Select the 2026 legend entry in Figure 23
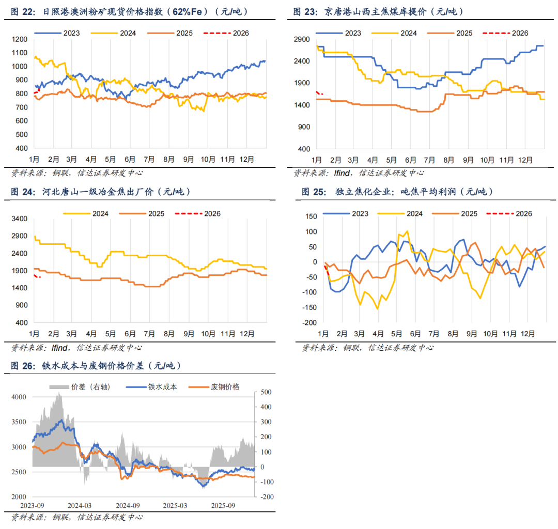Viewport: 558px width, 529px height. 519,33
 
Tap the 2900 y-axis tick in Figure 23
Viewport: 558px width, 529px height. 301,39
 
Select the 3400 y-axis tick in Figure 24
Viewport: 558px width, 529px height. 19,219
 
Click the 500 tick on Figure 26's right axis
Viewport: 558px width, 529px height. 265,393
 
